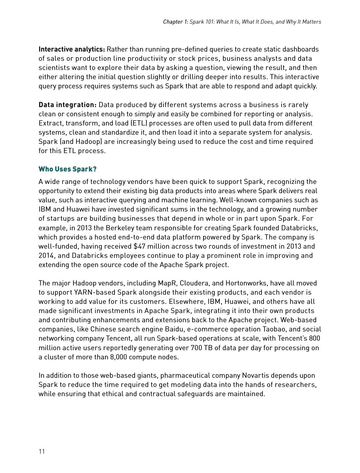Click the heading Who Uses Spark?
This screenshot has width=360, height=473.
pyautogui.click(x=68, y=169)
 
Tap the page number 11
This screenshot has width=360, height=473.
pyautogui.click(x=42, y=451)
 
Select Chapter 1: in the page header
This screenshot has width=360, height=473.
pyautogui.click(x=176, y=22)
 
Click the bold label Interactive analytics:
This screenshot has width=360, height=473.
pyautogui.click(x=72, y=49)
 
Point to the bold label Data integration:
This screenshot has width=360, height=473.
pyautogui.click(x=68, y=105)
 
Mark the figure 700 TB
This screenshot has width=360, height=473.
pyautogui.click(x=201, y=348)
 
